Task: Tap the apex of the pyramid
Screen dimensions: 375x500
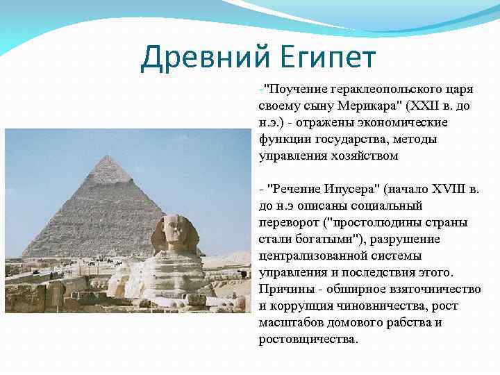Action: coord(106,157)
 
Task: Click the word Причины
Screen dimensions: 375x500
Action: coord(284,290)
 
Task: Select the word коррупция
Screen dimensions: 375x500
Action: coord(298,306)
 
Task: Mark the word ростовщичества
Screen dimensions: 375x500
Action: coord(308,340)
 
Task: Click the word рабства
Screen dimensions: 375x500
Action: coord(407,323)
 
